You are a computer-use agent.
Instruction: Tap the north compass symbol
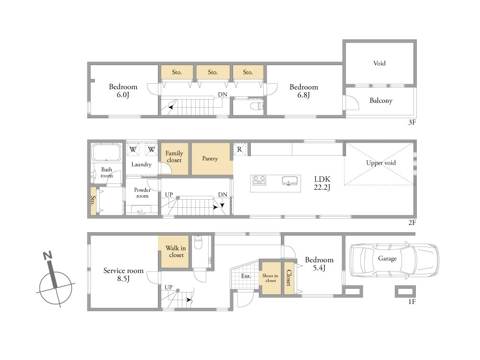[x=55, y=279]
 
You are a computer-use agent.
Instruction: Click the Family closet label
[x=174, y=157]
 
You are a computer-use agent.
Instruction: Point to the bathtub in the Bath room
[x=106, y=152]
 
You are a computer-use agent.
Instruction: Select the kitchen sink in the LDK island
[x=289, y=181]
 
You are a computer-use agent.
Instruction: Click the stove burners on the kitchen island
[x=259, y=180]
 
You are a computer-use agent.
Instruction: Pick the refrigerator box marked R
[x=239, y=149]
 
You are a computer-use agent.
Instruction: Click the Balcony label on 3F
[x=381, y=101]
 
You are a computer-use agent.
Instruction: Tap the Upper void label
[x=381, y=163]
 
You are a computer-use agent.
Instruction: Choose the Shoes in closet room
[x=270, y=278]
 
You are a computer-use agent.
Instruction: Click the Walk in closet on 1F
[x=174, y=252]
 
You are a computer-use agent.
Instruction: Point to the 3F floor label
[x=412, y=122]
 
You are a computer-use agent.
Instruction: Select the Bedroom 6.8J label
[x=304, y=91]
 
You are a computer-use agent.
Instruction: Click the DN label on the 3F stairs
[x=223, y=95]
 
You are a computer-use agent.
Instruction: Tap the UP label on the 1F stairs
[x=168, y=287]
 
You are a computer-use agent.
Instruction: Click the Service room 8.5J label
[x=123, y=275]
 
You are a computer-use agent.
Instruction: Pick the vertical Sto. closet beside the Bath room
[x=93, y=200]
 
